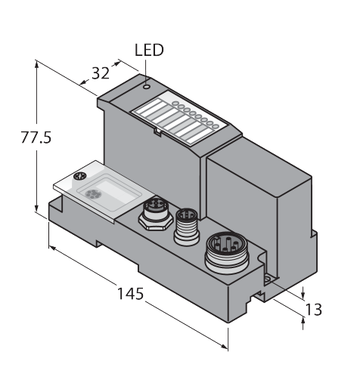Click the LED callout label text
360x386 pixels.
coord(149,50)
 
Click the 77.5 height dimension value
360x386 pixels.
coord(36,137)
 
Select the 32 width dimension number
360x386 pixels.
coord(101,73)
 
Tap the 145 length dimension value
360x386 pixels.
coord(130,294)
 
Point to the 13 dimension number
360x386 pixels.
coord(313,310)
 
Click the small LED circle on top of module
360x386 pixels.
coord(147,87)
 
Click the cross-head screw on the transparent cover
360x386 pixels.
coord(80,176)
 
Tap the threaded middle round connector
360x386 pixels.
coord(187,227)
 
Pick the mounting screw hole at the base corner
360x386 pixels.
coord(268,279)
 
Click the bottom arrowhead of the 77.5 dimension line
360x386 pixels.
coord(37,208)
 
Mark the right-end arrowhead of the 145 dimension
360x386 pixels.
coord(224,347)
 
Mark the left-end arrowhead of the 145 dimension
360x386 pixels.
coord(52,248)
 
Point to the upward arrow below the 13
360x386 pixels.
coord(303,322)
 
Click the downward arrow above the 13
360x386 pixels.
coord(303,294)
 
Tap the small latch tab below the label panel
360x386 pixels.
coord(158,132)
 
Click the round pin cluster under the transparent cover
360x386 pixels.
coord(92,194)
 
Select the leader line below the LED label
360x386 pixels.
coord(146,72)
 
